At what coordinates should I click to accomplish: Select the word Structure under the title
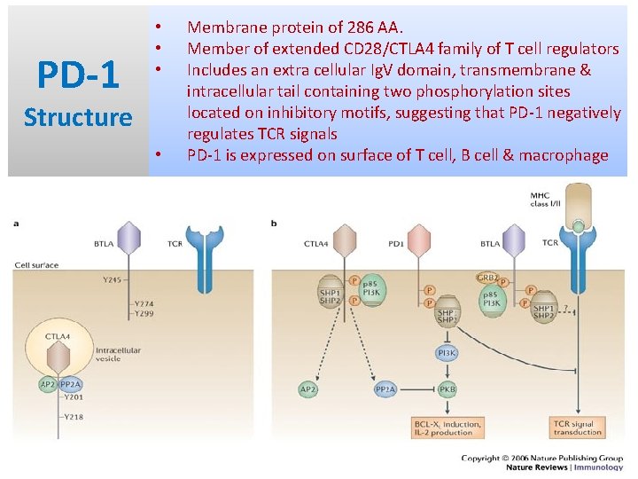[78, 117]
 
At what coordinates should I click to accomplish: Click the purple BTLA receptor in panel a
[129, 239]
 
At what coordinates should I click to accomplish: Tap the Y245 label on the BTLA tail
[111, 279]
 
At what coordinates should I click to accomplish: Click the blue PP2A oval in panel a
[71, 384]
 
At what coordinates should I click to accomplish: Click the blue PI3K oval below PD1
[447, 353]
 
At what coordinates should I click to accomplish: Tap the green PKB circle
[447, 389]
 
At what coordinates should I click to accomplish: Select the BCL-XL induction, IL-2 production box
[448, 428]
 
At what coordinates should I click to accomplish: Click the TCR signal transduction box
[577, 428]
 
